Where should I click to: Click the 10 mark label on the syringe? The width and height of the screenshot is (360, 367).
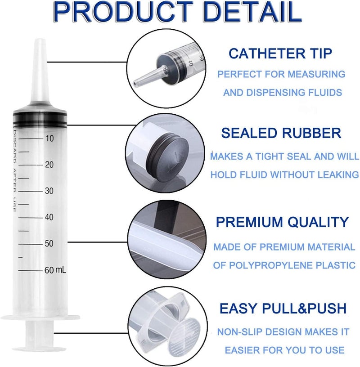[49, 139]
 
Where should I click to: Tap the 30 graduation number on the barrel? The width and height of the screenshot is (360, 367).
[49, 191]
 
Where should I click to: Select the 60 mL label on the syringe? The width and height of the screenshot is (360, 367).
[55, 270]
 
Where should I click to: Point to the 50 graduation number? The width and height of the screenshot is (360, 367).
[49, 243]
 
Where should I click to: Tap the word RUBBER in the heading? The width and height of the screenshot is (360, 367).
[311, 133]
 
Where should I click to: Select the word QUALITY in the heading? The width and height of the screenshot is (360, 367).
[318, 222]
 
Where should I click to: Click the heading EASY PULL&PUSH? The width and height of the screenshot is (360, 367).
[283, 308]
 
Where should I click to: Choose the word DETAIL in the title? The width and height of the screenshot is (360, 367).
[252, 12]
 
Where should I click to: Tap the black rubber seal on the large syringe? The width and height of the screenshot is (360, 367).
[40, 120]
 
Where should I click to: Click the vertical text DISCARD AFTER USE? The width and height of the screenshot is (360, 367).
[14, 171]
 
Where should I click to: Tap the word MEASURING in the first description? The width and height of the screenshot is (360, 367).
[316, 74]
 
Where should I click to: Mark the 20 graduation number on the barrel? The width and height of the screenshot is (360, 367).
[49, 165]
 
